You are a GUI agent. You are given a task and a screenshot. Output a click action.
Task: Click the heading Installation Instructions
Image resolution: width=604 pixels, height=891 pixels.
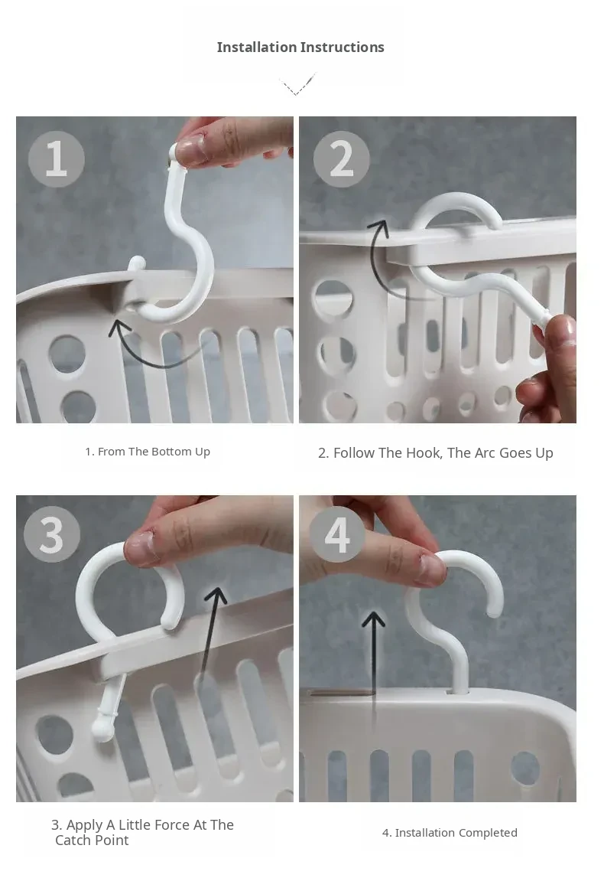pos(300,47)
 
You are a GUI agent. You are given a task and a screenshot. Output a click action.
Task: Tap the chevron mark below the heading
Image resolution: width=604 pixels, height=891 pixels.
pos(297,85)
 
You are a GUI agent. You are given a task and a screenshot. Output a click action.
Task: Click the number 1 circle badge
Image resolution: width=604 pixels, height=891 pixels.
pos(57,158)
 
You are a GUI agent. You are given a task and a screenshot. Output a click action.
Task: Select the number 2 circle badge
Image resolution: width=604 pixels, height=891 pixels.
pos(341,158)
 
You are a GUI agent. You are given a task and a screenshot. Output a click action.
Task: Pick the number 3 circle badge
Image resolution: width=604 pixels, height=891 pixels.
pos(52,534)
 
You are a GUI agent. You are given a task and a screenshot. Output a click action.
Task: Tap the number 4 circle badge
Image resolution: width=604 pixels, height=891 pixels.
pos(337,534)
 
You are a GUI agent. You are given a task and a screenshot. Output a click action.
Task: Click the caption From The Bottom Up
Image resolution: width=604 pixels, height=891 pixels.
pos(148,452)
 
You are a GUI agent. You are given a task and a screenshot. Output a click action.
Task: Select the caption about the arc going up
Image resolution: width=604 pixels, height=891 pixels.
pos(435,453)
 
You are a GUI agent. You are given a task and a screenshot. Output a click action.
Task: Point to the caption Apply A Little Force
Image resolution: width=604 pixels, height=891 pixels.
pos(142,832)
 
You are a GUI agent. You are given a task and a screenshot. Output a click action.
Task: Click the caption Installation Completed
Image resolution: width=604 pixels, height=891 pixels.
pos(450,833)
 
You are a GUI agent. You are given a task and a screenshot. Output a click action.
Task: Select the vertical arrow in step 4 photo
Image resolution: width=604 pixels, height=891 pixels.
pos(373,665)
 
